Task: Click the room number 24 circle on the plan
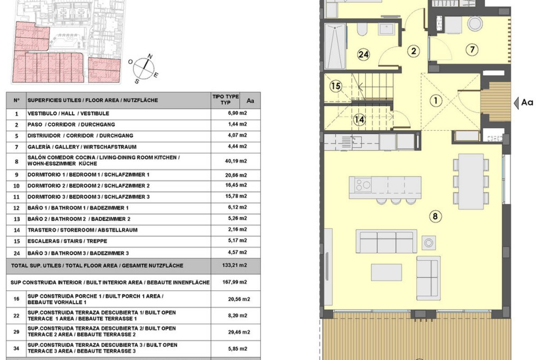pyautogui.click(x=363, y=54)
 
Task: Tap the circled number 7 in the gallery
pyautogui.click(x=472, y=49)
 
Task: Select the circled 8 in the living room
pyautogui.click(x=436, y=216)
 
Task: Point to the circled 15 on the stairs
pyautogui.click(x=336, y=86)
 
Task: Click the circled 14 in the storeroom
pyautogui.click(x=359, y=119)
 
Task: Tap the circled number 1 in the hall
pyautogui.click(x=436, y=100)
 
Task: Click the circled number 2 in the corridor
pyautogui.click(x=414, y=51)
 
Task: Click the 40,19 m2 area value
pyautogui.click(x=236, y=161)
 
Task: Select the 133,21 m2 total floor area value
pyautogui.click(x=234, y=265)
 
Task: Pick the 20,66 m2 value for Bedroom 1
pyautogui.click(x=236, y=175)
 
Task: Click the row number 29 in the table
pyautogui.click(x=16, y=332)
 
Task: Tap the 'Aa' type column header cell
pyautogui.click(x=250, y=100)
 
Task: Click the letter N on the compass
pyautogui.click(x=150, y=56)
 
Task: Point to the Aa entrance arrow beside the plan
pyautogui.click(x=517, y=103)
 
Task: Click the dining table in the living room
pyautogui.click(x=471, y=181)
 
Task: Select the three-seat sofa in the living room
pyautogui.click(x=387, y=241)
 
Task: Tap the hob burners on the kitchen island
pyautogui.click(x=363, y=185)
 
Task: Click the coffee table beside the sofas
pyautogui.click(x=386, y=272)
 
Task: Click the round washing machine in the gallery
pyautogui.click(x=475, y=23)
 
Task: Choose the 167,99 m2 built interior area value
pyautogui.click(x=234, y=282)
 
